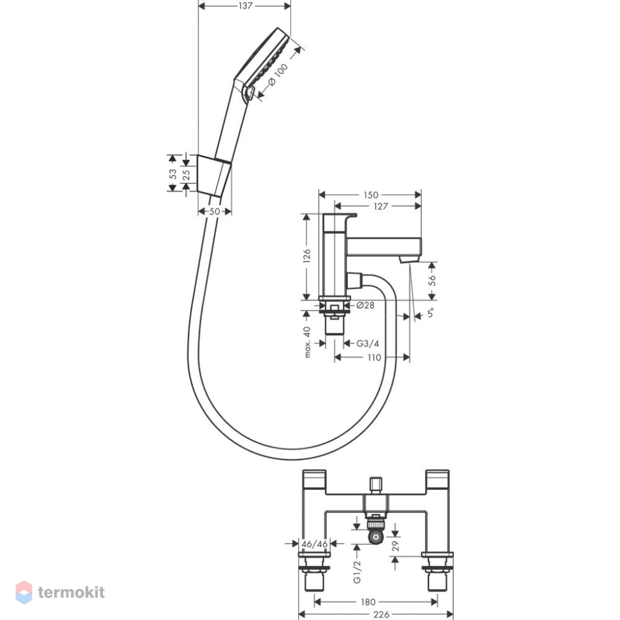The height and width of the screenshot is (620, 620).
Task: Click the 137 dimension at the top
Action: click(245, 6)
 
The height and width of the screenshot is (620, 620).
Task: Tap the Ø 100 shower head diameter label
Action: click(278, 75)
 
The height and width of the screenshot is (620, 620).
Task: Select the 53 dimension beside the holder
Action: click(173, 174)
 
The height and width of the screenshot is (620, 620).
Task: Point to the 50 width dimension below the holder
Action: click(215, 211)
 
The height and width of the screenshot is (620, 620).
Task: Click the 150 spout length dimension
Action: click(371, 195)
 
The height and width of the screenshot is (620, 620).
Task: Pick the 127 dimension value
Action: click(381, 206)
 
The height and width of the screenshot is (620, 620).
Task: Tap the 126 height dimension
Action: click(307, 257)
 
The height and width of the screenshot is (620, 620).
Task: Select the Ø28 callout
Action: click(365, 305)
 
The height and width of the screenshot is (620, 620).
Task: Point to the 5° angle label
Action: click(431, 312)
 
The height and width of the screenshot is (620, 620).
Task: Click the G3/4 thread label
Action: click(367, 343)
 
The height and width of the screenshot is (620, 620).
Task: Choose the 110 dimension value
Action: click(374, 358)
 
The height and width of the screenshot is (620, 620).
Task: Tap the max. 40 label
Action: click(308, 342)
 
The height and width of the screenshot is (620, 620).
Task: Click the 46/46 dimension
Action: click(314, 544)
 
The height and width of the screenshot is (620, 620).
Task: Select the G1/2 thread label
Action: click(357, 572)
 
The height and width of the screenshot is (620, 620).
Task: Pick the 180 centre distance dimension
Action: click(368, 602)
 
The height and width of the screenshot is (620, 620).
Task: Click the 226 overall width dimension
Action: click(381, 614)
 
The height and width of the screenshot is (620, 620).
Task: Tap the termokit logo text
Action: click(71, 592)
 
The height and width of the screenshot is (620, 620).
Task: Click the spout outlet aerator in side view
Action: click(407, 259)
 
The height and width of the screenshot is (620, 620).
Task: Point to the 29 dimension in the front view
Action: click(395, 546)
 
